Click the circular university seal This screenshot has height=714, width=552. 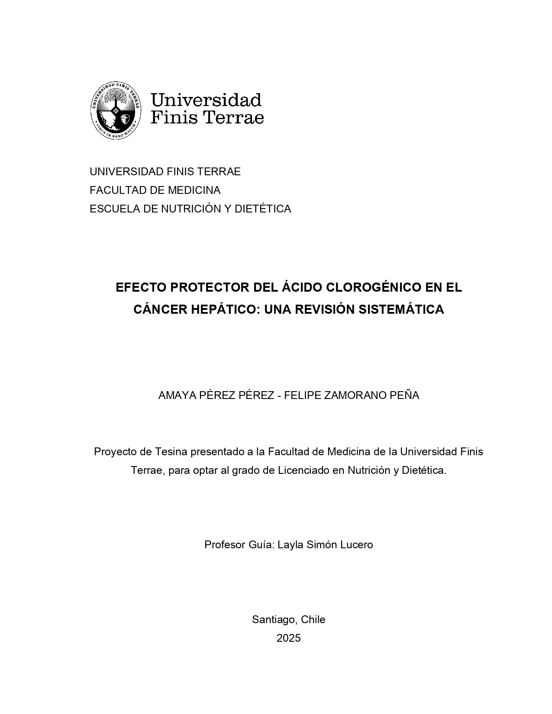(x=116, y=111)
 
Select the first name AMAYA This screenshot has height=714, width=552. (x=176, y=396)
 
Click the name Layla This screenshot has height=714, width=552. (x=291, y=544)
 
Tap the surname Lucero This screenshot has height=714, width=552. (x=356, y=544)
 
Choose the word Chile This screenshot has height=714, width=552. (x=313, y=620)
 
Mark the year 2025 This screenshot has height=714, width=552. (x=288, y=638)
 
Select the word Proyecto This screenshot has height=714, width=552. (x=115, y=452)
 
